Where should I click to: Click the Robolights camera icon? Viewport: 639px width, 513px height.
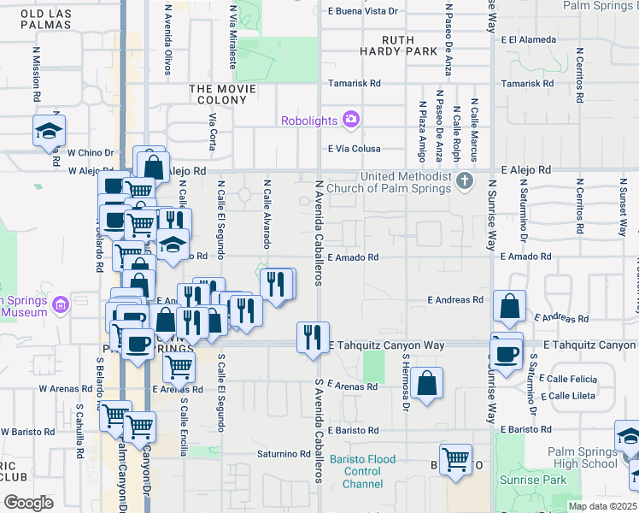(x=350, y=120)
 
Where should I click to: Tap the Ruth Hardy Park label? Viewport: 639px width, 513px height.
(x=398, y=46)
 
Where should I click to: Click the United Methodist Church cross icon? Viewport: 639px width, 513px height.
(x=464, y=180)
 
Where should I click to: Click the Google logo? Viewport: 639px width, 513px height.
(x=28, y=502)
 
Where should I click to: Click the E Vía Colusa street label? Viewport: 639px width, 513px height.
(x=353, y=148)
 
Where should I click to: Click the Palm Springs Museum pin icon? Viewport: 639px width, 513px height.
(x=60, y=304)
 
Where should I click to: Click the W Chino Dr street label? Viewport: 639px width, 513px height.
(x=90, y=153)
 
